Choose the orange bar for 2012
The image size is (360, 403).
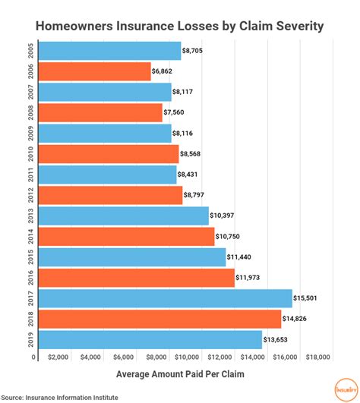tap(109, 195)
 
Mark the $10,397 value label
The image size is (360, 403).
tap(226, 216)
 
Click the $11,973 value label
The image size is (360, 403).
tap(251, 278)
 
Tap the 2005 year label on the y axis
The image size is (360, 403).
tap(29, 52)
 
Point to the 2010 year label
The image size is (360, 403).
tap(29, 154)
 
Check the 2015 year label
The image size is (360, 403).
tap(29, 257)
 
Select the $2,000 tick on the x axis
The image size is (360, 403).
tap(58, 357)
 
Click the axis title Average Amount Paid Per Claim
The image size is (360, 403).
tap(179, 374)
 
